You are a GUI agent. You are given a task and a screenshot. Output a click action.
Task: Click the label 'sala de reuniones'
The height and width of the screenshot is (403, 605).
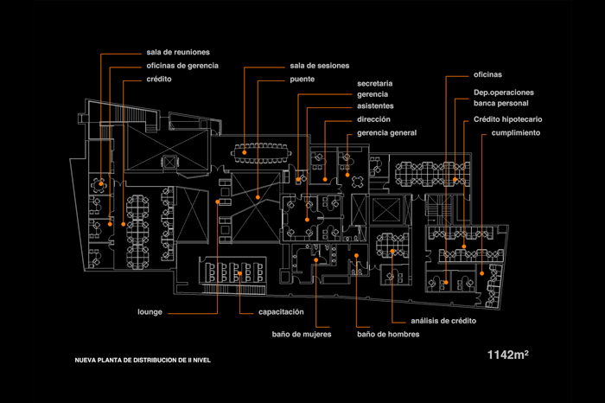pyautogui.click(x=178, y=52)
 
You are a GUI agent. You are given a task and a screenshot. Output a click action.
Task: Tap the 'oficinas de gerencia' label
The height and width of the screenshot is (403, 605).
pyautogui.click(x=182, y=66)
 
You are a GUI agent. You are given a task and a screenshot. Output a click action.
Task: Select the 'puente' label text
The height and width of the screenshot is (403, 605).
pyautogui.click(x=302, y=80)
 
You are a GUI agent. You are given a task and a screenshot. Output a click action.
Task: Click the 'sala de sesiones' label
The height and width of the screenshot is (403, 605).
pyautogui.click(x=320, y=66)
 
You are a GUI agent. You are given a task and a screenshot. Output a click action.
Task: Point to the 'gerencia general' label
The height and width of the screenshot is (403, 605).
pyautogui.click(x=386, y=133)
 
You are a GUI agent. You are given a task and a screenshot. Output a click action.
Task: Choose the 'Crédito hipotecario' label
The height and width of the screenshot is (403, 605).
pyautogui.click(x=508, y=119)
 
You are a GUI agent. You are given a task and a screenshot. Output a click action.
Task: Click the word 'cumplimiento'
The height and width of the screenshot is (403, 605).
pyautogui.click(x=515, y=133)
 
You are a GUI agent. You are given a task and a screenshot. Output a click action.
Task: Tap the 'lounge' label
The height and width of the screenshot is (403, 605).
pyautogui.click(x=150, y=312)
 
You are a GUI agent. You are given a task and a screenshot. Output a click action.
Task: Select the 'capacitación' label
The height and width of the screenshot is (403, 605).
pyautogui.click(x=281, y=312)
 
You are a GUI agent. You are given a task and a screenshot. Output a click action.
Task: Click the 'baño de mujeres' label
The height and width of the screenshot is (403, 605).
pyautogui.click(x=302, y=335)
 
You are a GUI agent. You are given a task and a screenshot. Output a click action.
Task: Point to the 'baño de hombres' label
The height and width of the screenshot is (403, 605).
pyautogui.click(x=388, y=335)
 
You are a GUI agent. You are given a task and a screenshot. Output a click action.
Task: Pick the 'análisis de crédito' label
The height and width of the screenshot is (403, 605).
pyautogui.click(x=443, y=321)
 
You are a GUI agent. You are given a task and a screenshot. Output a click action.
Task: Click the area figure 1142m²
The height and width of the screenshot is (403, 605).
pyautogui.click(x=508, y=355)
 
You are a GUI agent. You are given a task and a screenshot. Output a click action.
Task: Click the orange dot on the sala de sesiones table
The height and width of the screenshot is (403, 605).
pyautogui.click(x=245, y=152)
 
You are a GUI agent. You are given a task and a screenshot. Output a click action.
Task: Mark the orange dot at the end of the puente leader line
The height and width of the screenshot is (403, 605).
pyautogui.click(x=258, y=197)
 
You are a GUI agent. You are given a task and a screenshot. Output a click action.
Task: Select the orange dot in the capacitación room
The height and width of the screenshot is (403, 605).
pyautogui.click(x=239, y=273)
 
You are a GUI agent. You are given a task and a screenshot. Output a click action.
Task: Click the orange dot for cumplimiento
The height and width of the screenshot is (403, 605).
pyautogui.click(x=482, y=273)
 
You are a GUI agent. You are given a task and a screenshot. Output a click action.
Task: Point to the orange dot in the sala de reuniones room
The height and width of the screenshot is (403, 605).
pyautogui.click(x=101, y=183)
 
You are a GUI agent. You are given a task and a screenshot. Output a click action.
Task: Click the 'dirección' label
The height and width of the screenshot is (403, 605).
pyautogui.click(x=373, y=119)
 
